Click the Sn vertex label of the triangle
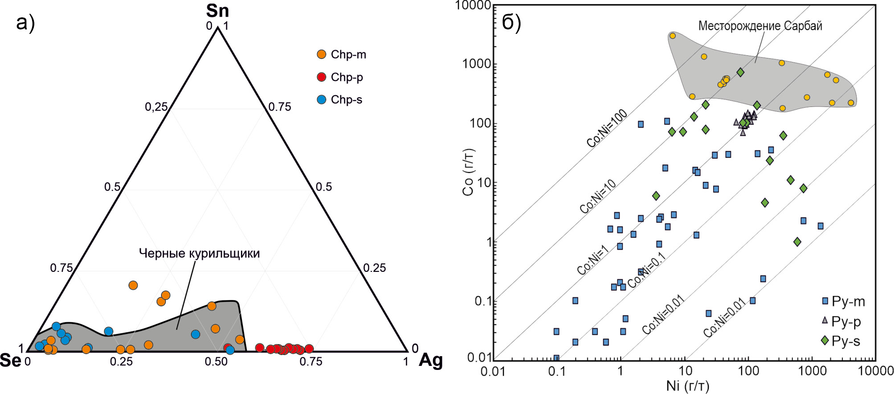point(217,11)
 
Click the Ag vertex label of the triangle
point(430,360)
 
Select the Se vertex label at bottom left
point(10,360)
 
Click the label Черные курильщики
point(199,254)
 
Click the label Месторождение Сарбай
point(760,26)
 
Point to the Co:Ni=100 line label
point(607,128)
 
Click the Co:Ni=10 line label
point(598,197)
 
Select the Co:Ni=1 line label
point(592,261)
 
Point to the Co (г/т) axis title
point(469,172)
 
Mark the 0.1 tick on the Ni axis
point(556,371)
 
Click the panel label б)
point(511,23)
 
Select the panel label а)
point(25,22)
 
